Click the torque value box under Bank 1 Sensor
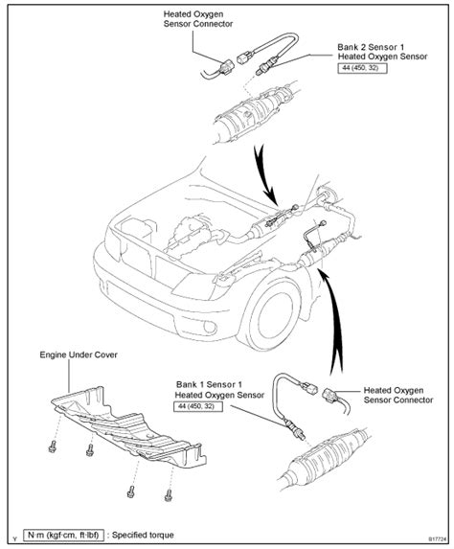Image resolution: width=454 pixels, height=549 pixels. tap(198, 406)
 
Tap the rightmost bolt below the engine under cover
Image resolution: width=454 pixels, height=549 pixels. tap(170, 495)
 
